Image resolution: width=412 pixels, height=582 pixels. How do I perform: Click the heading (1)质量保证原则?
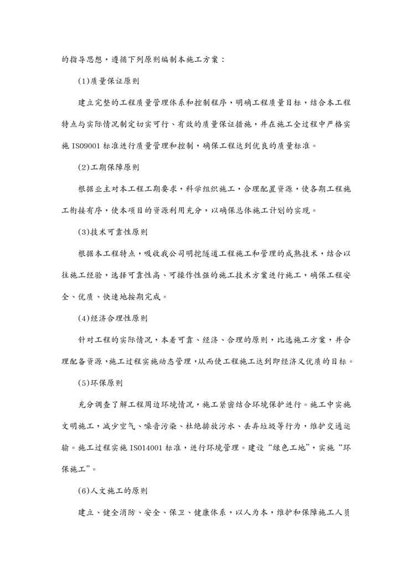click(x=108, y=81)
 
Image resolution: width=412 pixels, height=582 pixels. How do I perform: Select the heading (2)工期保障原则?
click(x=108, y=167)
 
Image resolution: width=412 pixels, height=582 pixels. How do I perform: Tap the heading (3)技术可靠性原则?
click(x=112, y=231)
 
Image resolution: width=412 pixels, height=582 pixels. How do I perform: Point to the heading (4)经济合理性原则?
click(x=112, y=318)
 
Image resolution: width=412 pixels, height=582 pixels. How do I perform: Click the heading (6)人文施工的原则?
click(x=112, y=490)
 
